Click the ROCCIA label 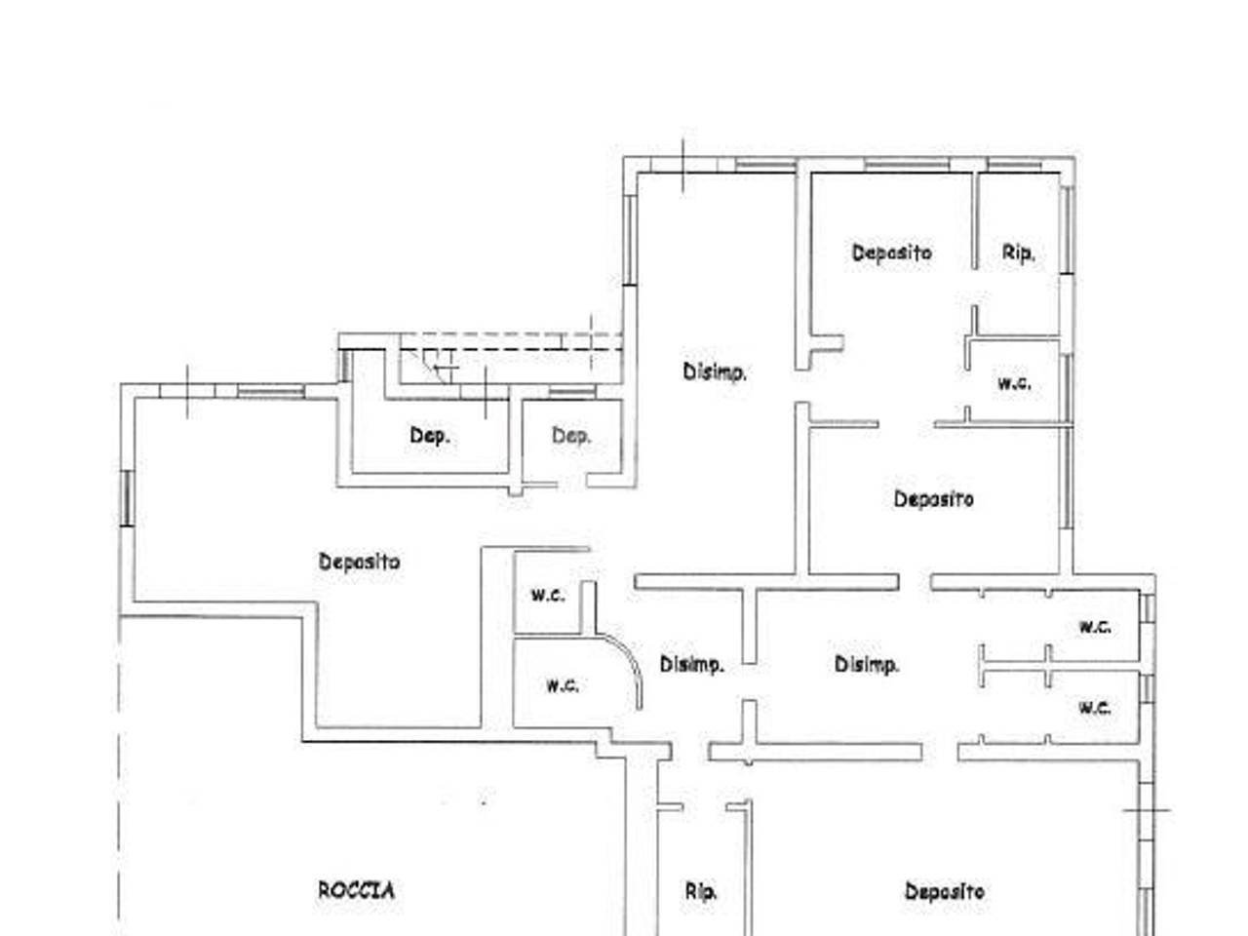coord(356,890)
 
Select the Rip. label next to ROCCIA coord(700,892)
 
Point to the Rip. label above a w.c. coord(1018,253)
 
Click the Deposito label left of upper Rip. coord(891,253)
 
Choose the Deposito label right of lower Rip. coord(945,890)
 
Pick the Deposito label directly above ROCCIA coord(359,562)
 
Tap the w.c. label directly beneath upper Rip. coord(1014,383)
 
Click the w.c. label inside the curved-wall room coord(563,686)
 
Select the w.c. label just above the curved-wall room coord(548,595)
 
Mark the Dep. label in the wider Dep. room coord(430,436)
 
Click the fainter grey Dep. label coord(571,436)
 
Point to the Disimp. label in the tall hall coord(715,371)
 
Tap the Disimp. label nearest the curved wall coord(692,664)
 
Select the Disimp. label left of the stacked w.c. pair coord(867,664)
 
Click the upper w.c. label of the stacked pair coord(1095,627)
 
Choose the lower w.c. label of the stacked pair coord(1095,708)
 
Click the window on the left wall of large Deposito coord(128,498)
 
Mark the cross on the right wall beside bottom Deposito coord(1147,810)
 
